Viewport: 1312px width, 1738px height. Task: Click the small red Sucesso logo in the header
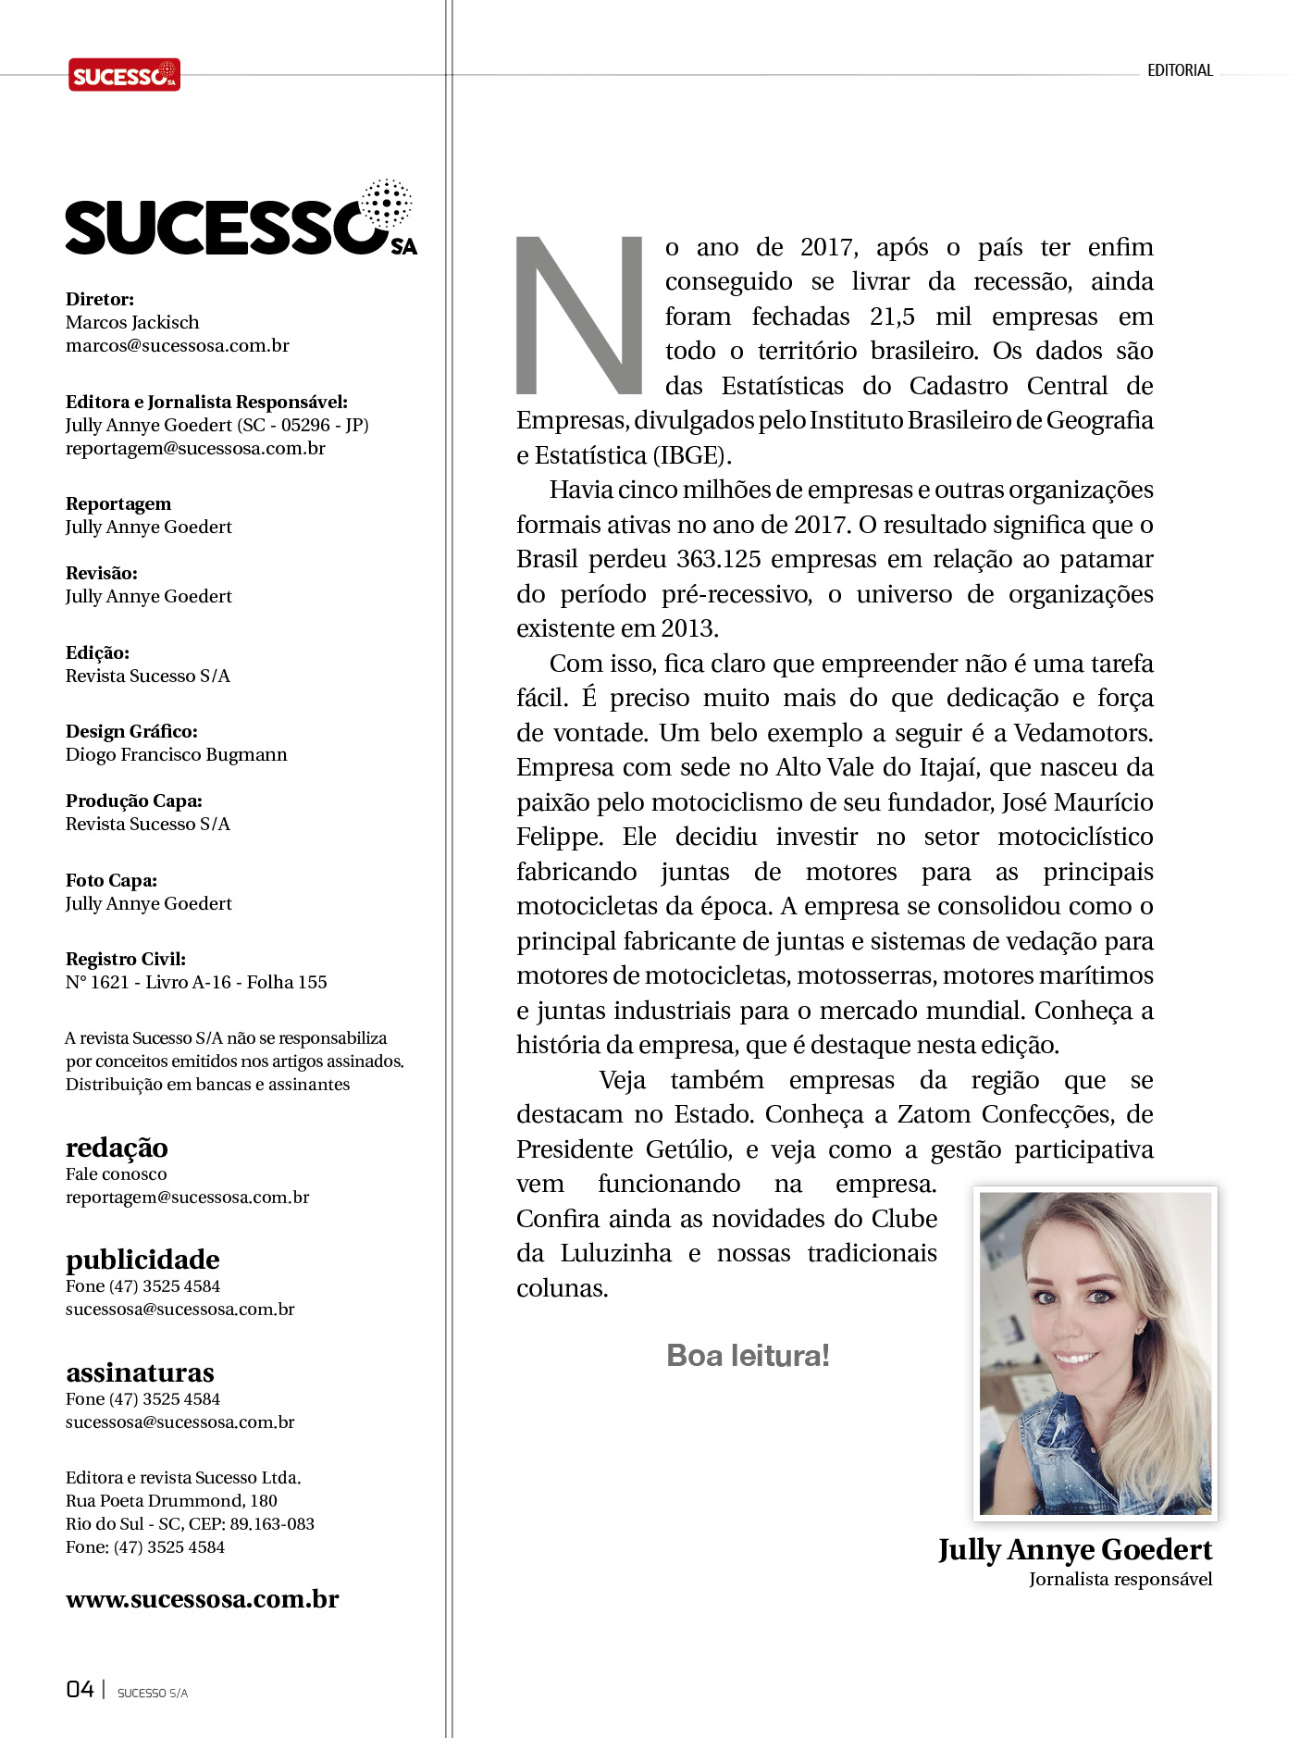[x=124, y=75]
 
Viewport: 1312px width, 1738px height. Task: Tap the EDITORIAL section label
[x=1180, y=70]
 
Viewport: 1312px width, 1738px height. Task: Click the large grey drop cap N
[x=579, y=316]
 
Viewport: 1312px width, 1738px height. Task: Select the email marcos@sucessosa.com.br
[x=177, y=346]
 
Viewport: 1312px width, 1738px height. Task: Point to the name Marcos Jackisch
[x=132, y=323]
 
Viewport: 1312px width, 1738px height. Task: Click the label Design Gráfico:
[x=131, y=731]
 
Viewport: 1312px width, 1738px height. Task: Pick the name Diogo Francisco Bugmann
[x=176, y=755]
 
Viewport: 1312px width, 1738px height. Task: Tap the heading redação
[x=117, y=1148]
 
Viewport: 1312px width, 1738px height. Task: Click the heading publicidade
[x=142, y=1260]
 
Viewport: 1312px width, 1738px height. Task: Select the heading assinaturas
[x=140, y=1372]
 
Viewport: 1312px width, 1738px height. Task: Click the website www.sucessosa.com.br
[x=202, y=1599]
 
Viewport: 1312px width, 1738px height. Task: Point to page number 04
[x=80, y=1690]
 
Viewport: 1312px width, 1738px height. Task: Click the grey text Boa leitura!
[x=748, y=1356]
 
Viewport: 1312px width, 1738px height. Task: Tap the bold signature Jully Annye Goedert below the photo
[x=1075, y=1550]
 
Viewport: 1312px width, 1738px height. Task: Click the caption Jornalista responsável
[x=1120, y=1580]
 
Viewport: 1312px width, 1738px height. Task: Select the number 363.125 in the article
[x=718, y=560]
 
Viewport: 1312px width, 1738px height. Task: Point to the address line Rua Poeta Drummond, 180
[x=171, y=1501]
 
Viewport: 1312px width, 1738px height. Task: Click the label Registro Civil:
[x=126, y=960]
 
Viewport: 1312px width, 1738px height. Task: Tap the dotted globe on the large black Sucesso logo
[x=387, y=203]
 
